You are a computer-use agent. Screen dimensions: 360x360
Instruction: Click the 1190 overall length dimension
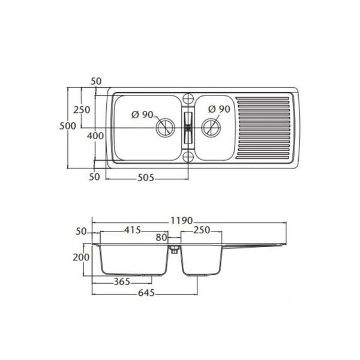[181, 221]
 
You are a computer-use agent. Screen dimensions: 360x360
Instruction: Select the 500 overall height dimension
[67, 126]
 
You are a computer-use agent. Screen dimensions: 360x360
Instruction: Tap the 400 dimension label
[95, 136]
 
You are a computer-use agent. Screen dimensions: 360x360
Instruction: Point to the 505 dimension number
[146, 178]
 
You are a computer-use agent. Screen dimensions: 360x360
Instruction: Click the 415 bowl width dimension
[133, 230]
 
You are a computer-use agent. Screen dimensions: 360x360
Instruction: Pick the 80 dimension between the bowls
[161, 238]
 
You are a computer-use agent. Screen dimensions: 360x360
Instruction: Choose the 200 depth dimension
[81, 257]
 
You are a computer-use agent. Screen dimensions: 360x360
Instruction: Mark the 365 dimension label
[122, 282]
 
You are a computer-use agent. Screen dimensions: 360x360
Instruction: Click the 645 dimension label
[146, 293]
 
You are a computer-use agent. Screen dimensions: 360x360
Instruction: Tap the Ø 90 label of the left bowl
[142, 115]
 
